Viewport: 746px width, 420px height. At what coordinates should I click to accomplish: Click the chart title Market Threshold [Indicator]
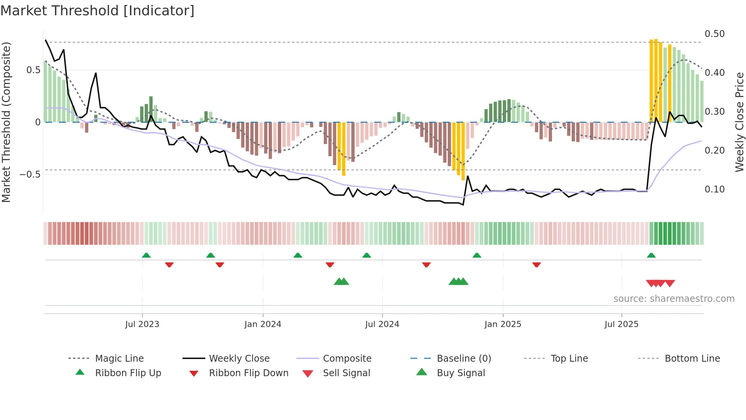coord(97,11)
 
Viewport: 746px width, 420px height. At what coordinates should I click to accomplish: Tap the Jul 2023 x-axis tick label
coord(142,324)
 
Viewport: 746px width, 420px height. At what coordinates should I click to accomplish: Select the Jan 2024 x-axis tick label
coord(263,324)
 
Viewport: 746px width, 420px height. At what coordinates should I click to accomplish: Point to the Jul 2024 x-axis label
coord(382,324)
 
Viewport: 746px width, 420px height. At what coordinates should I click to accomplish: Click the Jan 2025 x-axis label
coord(503,324)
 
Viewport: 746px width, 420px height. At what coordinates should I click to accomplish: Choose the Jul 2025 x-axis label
coord(622,324)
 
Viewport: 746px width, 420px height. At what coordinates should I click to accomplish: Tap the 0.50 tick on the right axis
coord(714,34)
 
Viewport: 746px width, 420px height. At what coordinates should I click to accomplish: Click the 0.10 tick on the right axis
coord(714,189)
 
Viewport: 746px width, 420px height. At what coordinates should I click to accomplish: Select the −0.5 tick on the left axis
coord(30,175)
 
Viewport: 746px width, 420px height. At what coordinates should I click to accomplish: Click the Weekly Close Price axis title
coord(739,122)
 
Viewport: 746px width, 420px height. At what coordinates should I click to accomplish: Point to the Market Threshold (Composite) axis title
coord(6,122)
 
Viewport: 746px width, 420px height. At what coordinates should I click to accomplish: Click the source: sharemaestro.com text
coord(674,299)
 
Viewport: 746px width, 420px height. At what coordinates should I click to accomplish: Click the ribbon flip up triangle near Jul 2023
coord(146,255)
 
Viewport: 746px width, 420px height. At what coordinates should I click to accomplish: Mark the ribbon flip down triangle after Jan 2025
coord(536,265)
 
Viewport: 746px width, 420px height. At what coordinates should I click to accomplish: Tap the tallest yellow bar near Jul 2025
coord(656,80)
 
